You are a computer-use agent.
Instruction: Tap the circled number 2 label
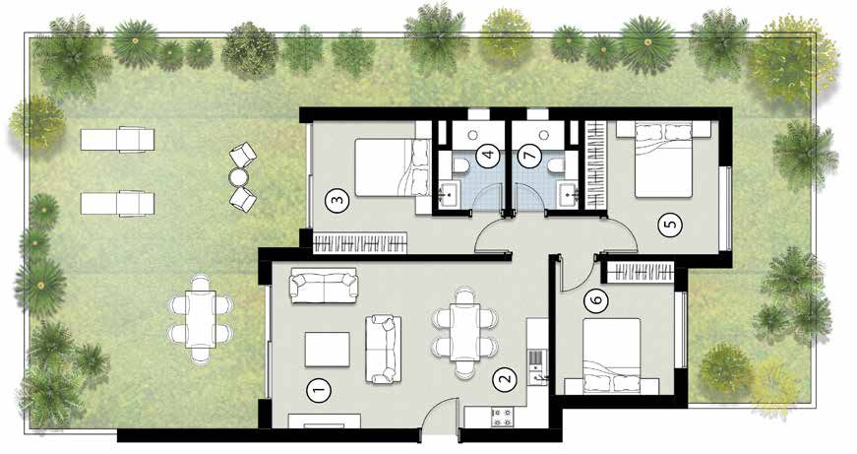pos(504,378)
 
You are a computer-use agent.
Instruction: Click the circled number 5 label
pos(671,224)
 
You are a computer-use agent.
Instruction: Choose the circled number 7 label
pos(528,157)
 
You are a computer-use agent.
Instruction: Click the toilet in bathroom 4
pos(459,165)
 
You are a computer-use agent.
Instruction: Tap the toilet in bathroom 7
pos(556,165)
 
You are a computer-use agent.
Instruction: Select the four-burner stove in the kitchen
pos(502,417)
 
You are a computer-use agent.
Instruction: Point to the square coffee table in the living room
pos(328,349)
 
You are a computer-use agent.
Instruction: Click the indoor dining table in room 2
pos(464,332)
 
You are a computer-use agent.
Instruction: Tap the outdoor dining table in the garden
pos(201,319)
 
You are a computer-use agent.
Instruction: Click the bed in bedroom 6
pos(611,356)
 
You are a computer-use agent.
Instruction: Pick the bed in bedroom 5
pos(664,160)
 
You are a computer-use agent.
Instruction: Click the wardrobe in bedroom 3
pos(360,242)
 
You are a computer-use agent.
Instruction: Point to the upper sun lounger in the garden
pos(117,139)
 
